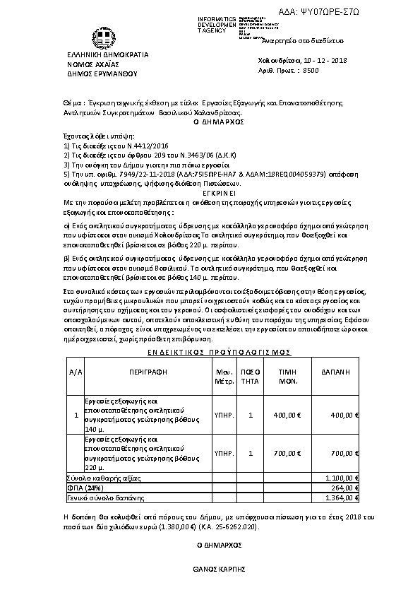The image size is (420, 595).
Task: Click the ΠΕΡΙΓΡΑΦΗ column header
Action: [x=147, y=370]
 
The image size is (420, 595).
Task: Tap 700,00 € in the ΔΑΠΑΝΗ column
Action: [x=344, y=453]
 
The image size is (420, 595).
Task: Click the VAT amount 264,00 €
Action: [x=345, y=488]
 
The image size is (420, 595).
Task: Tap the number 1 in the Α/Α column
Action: [x=76, y=415]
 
